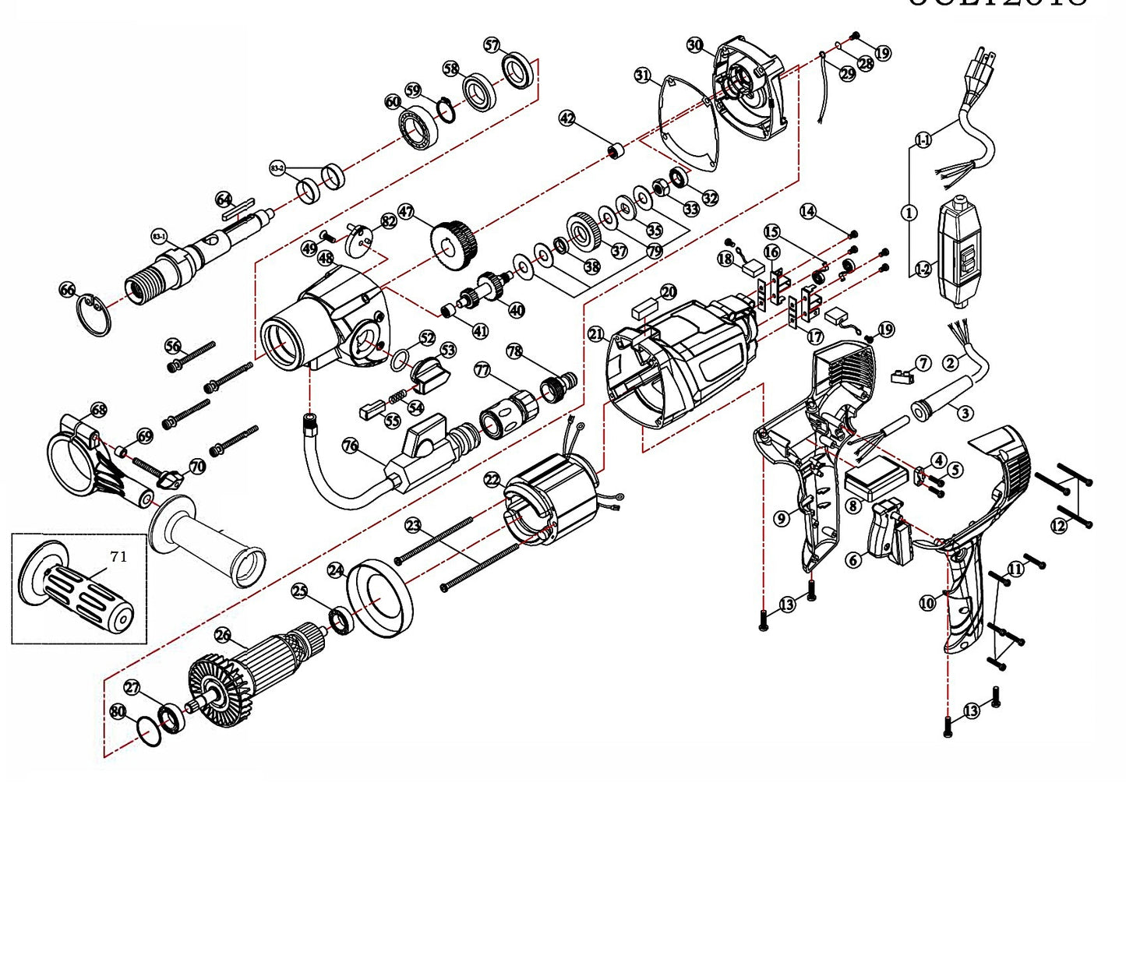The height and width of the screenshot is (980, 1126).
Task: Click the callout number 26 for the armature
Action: coord(223,636)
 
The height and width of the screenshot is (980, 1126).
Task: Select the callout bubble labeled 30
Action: coord(695,45)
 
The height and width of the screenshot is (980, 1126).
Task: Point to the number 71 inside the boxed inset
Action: coord(118,556)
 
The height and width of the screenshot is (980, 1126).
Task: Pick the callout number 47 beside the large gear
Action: coord(405,211)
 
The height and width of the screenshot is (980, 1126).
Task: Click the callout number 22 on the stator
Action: coord(492,480)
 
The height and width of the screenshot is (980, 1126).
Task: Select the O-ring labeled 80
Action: coord(149,732)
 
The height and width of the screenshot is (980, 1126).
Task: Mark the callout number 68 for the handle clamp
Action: coord(99,410)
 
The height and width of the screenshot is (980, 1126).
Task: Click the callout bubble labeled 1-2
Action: coord(923,270)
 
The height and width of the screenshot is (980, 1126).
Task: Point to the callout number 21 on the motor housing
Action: coord(596,335)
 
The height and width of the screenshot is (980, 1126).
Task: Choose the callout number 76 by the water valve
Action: coord(351,446)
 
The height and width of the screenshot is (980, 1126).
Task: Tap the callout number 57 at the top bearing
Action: coord(492,45)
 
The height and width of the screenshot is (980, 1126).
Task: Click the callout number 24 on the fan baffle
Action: coord(336,570)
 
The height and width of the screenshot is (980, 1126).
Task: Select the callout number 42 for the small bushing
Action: coord(567,118)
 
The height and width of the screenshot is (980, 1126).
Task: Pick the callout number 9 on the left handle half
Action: coord(782,518)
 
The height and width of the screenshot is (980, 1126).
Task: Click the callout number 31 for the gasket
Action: coord(642,76)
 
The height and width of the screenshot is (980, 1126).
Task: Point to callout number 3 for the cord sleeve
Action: coord(965,413)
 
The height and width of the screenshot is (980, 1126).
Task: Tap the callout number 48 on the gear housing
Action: coord(326,257)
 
